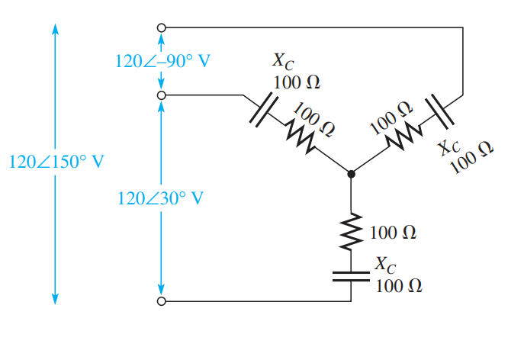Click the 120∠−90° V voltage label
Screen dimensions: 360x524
162,62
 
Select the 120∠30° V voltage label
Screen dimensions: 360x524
161,198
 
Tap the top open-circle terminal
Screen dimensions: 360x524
161,27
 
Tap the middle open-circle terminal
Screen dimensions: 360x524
161,96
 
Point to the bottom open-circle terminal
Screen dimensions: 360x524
161,302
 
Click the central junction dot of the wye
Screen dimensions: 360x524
351,175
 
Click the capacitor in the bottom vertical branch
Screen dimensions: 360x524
351,275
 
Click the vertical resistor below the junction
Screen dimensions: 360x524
351,231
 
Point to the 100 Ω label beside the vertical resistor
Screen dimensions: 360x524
393,232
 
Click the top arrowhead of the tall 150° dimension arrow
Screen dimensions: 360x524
56,27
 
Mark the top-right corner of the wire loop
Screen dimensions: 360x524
463,28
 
